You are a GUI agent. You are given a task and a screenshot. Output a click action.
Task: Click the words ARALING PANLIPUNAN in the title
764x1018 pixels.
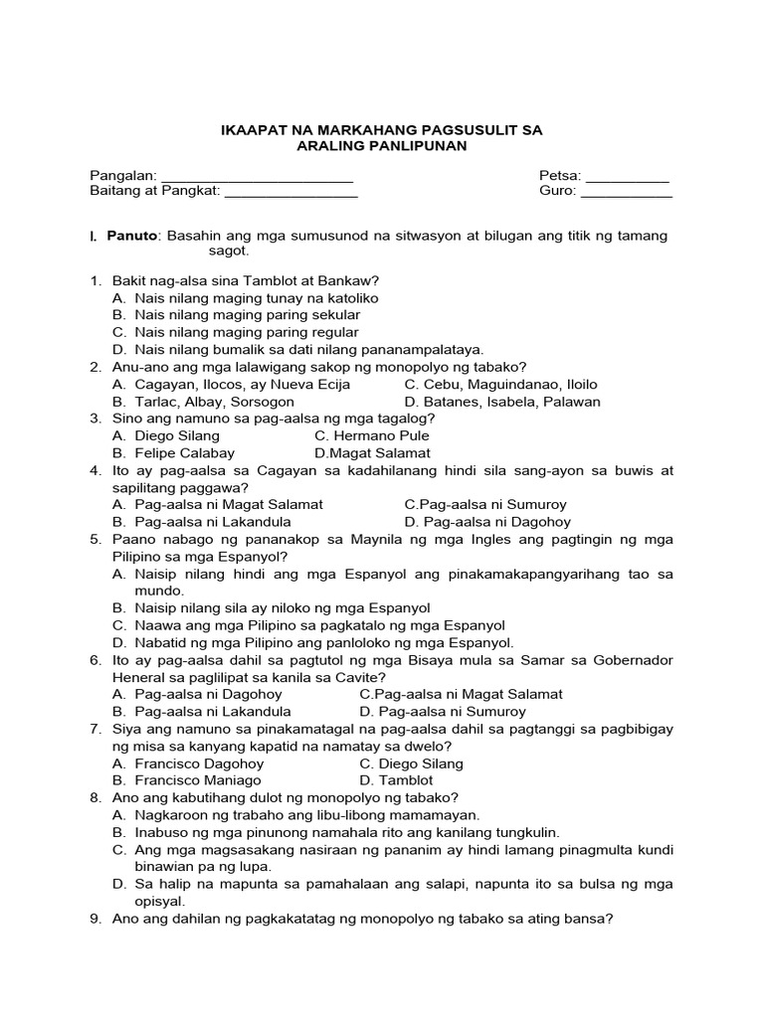381,146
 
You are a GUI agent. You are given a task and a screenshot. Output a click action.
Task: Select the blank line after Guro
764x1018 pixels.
626,193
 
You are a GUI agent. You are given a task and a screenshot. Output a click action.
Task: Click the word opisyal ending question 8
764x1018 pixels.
141,902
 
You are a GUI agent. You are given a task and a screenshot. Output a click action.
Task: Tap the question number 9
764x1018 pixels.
95,920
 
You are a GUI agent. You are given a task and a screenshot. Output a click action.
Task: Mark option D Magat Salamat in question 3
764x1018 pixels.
372,452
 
